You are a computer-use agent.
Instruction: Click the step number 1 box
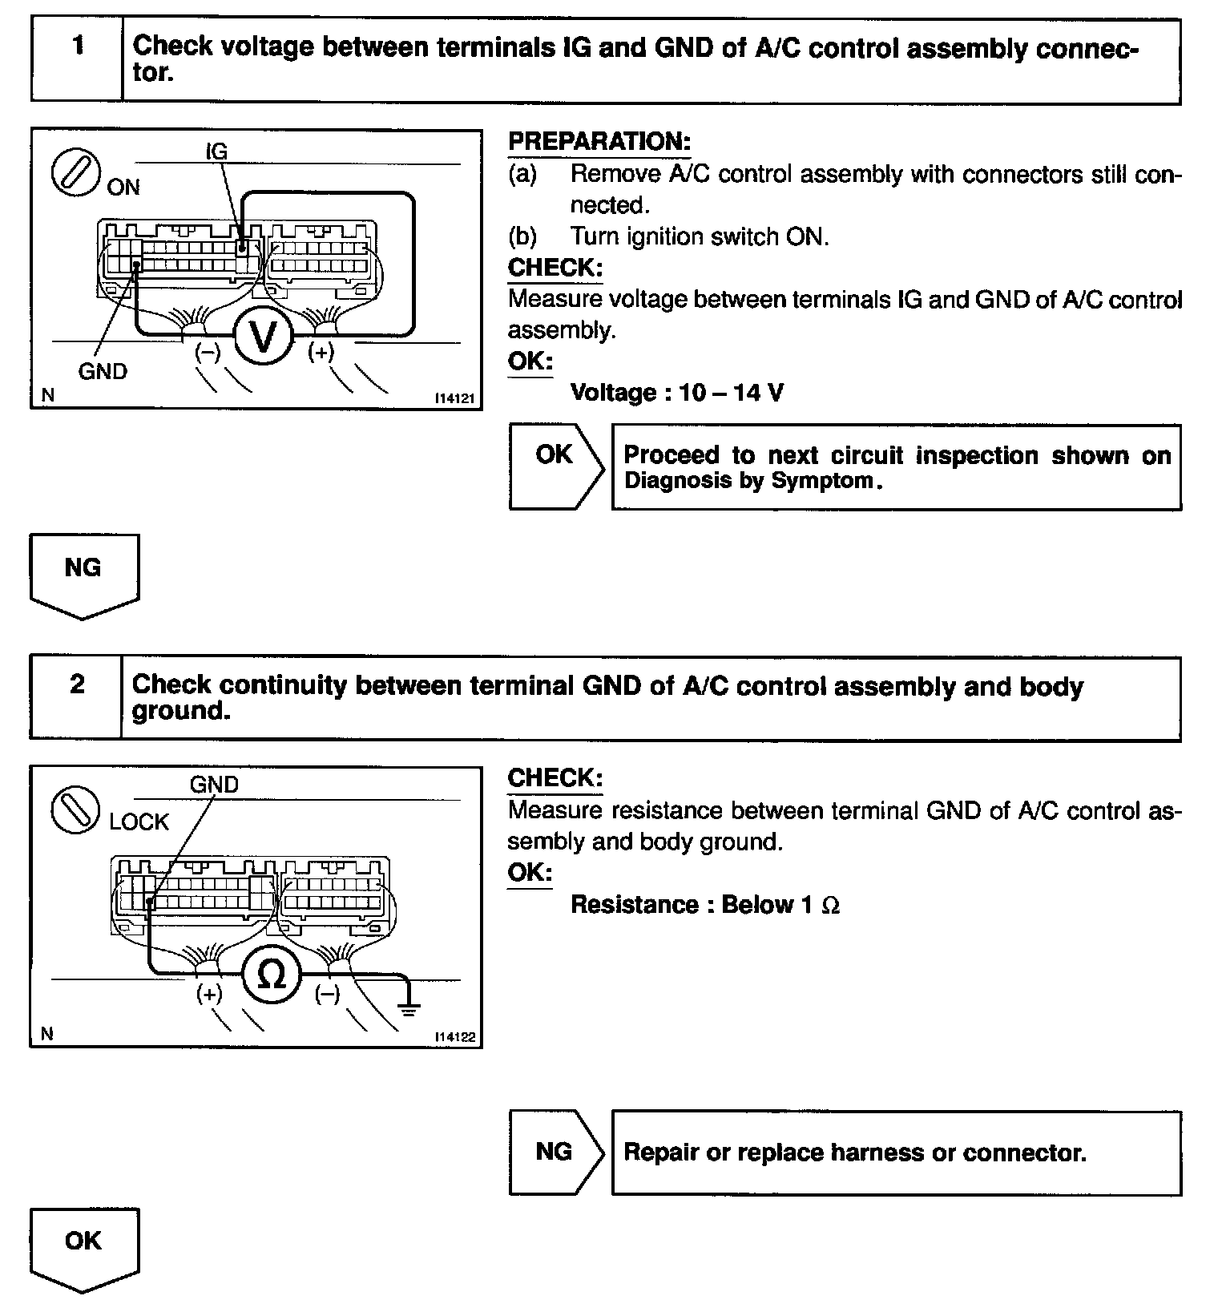(x=77, y=60)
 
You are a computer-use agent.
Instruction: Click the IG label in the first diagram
(x=216, y=151)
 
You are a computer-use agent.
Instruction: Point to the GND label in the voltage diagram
(x=103, y=371)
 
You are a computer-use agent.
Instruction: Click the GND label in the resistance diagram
(x=214, y=784)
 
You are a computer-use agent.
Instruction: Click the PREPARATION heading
(x=599, y=142)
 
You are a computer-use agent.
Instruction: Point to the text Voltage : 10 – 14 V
(x=676, y=393)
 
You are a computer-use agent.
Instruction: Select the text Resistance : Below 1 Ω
(x=704, y=905)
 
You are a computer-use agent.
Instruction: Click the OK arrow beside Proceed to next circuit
(x=555, y=467)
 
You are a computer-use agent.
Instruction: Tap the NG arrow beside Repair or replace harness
(x=555, y=1152)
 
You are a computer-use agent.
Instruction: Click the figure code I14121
(x=454, y=398)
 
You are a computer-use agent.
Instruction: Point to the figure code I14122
(x=454, y=1037)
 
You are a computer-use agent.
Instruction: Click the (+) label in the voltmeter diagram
(x=321, y=352)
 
